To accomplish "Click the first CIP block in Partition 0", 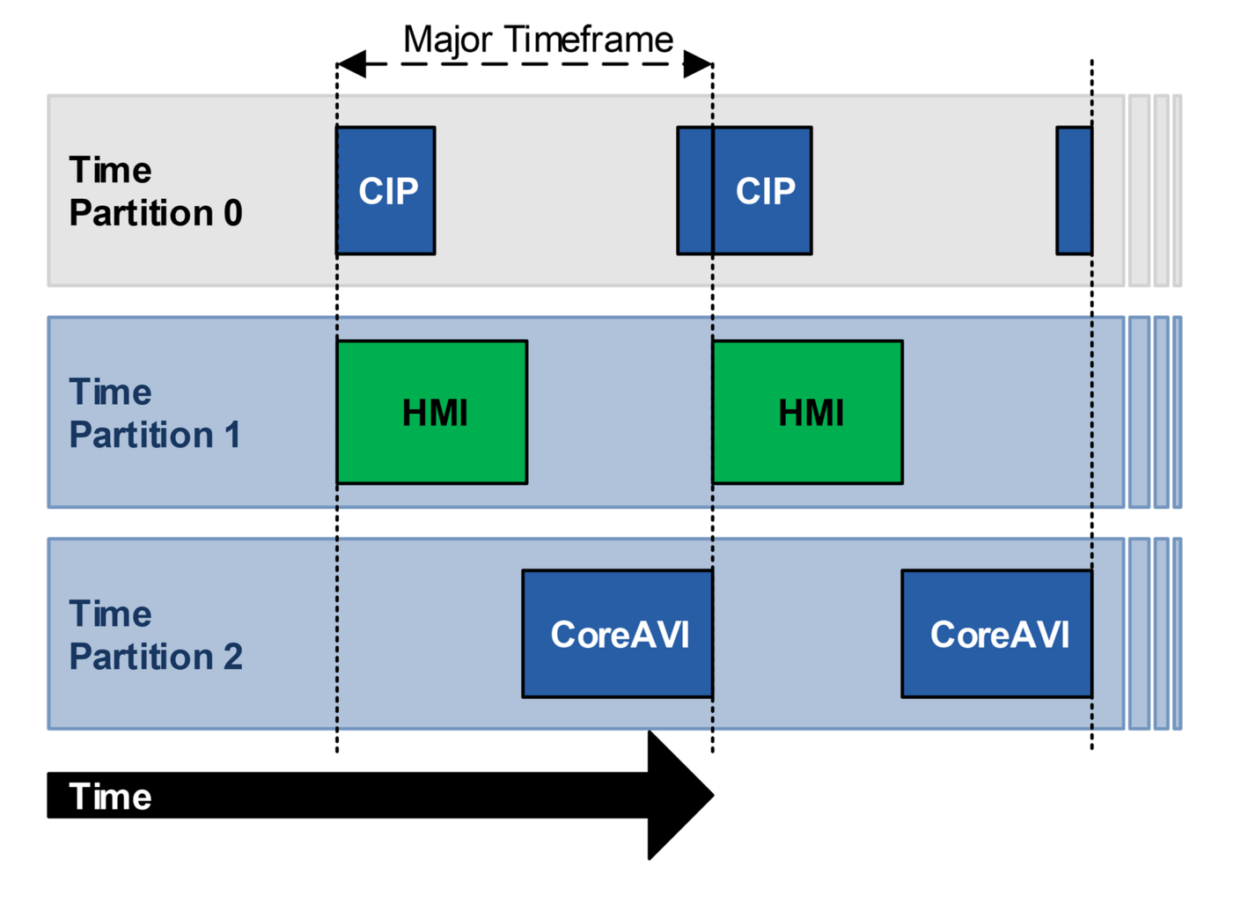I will point(386,190).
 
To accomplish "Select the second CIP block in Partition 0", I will point(745,190).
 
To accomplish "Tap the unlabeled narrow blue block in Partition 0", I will point(1075,190).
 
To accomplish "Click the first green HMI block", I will point(432,412).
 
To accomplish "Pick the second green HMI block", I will point(807,412).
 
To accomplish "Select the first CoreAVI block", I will point(617,634).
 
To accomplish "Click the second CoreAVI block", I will point(997,634).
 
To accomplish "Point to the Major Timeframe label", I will point(538,40).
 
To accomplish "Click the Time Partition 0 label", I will point(155,191).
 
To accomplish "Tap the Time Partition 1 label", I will point(155,413).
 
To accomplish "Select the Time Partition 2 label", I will point(155,635).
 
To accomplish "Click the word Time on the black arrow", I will point(110,797).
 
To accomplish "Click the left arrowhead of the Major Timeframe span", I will point(351,63).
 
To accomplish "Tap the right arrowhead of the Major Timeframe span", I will point(698,63).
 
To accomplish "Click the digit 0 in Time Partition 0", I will point(232,213).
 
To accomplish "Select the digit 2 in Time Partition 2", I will point(232,657).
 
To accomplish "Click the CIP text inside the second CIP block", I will point(765,191).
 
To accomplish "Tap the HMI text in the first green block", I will point(435,413).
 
